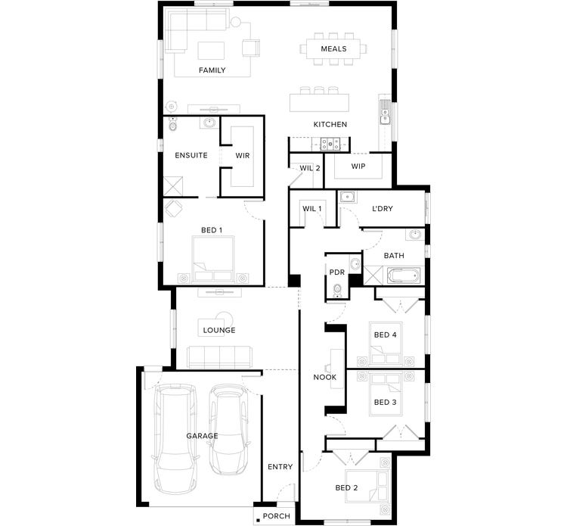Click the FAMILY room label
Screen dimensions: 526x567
(x=212, y=70)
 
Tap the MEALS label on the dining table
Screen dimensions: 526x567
(x=333, y=49)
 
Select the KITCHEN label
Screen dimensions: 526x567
(x=330, y=124)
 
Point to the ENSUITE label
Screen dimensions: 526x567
(x=191, y=155)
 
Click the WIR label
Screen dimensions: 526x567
(x=243, y=155)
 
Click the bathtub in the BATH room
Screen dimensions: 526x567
(x=405, y=275)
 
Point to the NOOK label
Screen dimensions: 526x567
(x=325, y=377)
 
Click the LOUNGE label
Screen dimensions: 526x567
(x=219, y=330)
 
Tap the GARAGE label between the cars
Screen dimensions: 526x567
(x=202, y=436)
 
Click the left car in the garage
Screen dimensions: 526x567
(x=175, y=439)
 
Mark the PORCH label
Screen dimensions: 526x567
(x=276, y=517)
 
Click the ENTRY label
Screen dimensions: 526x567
(x=280, y=467)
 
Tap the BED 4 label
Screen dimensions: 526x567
(x=385, y=335)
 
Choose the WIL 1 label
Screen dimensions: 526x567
(x=312, y=208)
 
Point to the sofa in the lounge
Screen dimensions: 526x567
(x=219, y=356)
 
